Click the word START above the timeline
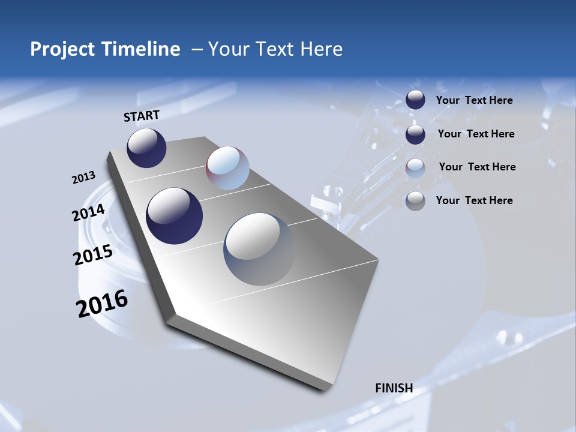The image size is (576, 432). coord(142,116)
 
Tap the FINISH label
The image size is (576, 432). coord(394,388)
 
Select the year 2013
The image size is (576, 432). coord(83,178)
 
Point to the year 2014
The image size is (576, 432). coord(89,213)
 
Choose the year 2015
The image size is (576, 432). coord(93,255)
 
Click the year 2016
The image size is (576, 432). coord(102,304)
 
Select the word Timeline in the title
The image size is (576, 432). coord(142,49)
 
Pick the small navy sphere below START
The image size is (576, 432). coord(146,148)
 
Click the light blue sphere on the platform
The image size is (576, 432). coord(227,168)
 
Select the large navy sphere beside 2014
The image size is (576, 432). coord(175,216)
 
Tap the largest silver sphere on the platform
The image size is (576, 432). coord(259,249)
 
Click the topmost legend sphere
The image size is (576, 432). coord(415,100)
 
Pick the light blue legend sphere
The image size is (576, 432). coord(415,168)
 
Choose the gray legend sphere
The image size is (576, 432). coord(415,201)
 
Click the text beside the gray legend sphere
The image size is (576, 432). coord(474,200)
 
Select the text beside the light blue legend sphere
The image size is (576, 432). coord(477,167)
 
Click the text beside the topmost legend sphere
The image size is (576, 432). coord(474,100)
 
